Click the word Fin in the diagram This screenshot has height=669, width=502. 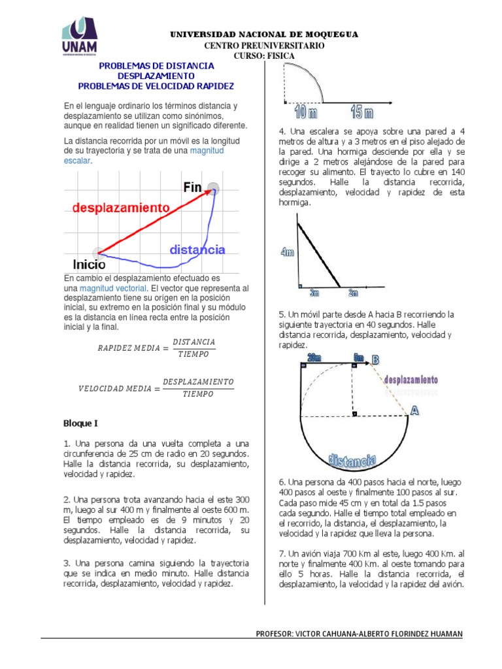coord(193,188)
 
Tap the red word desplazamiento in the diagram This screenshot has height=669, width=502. coord(121,207)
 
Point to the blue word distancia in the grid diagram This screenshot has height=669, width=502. coord(197,250)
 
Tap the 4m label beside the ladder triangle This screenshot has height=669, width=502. coord(288,252)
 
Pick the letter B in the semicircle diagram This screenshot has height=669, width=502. coord(376,359)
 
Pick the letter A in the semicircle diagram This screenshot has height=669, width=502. coord(414,410)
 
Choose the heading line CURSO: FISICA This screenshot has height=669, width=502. coord(264,56)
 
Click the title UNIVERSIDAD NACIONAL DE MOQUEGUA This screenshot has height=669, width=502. coord(264,35)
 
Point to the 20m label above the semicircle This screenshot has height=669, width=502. coord(314,357)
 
